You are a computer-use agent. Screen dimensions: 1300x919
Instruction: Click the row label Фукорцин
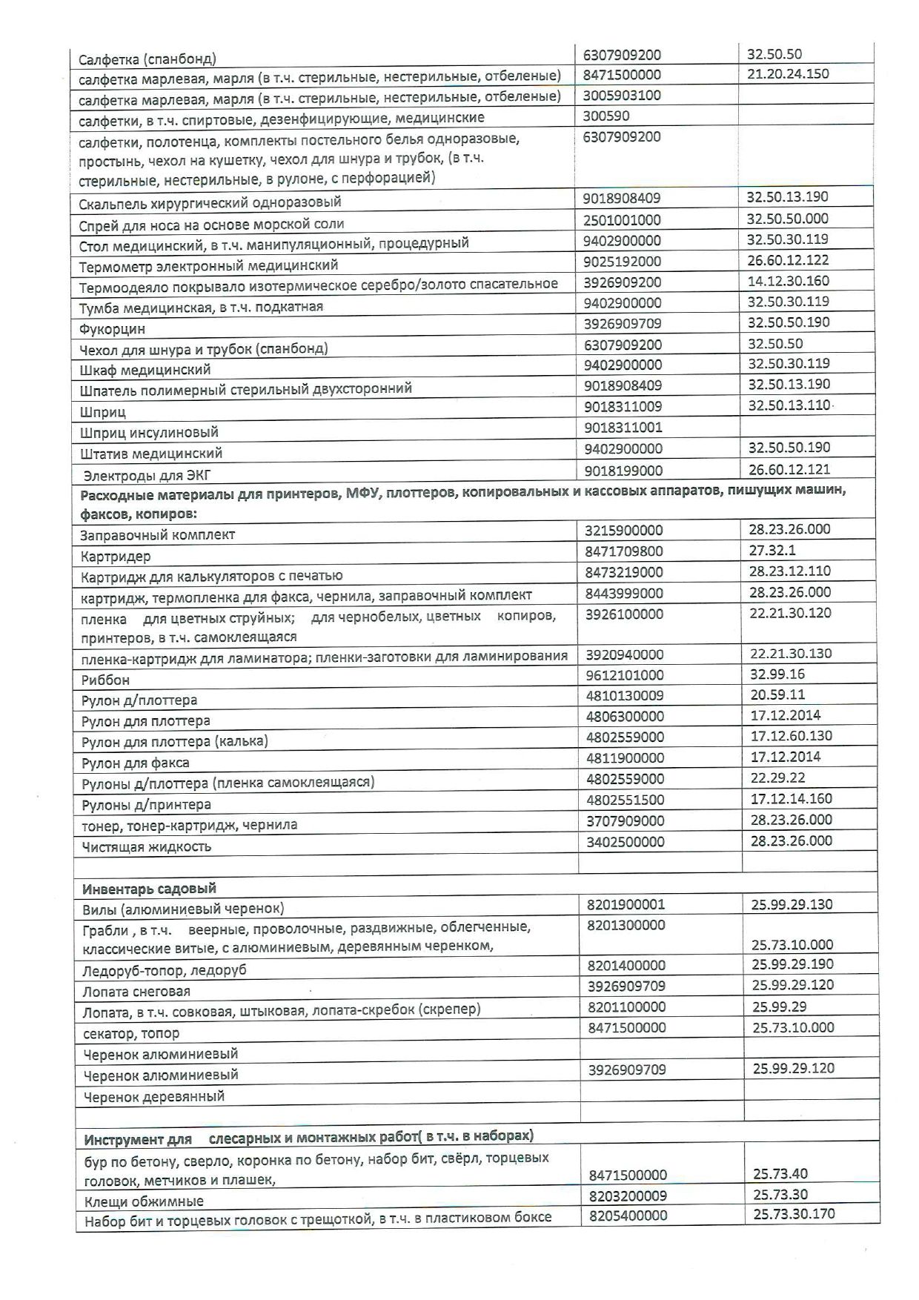pos(113,328)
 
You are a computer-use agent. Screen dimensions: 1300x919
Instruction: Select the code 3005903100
pos(622,96)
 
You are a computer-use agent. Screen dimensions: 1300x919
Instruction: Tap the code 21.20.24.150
pos(788,74)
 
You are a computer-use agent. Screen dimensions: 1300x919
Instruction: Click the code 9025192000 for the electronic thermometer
pos(622,262)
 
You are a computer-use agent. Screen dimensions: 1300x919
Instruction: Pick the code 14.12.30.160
pos(788,282)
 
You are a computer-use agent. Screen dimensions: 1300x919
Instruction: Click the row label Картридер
pos(115,556)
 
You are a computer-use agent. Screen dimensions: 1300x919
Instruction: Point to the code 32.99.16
pos(776,674)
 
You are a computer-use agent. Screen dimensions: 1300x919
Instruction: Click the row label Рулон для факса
pos(135,763)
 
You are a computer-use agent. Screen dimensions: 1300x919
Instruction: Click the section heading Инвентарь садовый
pos(149,889)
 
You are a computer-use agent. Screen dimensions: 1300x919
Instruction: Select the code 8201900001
pos(626,904)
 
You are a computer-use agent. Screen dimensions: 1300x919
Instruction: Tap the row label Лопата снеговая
pos(136,992)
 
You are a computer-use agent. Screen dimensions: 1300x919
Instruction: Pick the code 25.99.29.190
pos(792,964)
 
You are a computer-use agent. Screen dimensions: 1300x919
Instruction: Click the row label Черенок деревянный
pos(153,1096)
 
